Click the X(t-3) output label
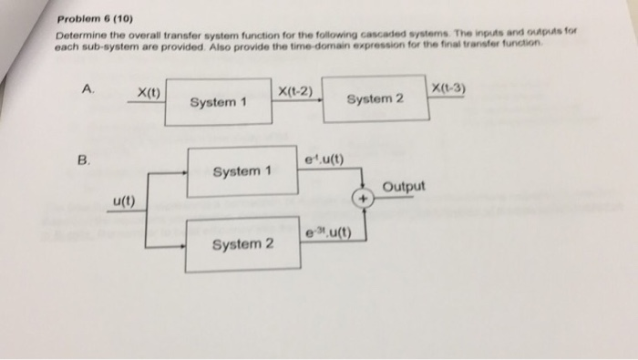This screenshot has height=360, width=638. pos(451,86)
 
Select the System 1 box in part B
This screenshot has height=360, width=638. pos(242,170)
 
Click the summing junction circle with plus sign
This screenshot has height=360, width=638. pos(363,196)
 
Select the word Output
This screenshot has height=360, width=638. pos(404,188)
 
